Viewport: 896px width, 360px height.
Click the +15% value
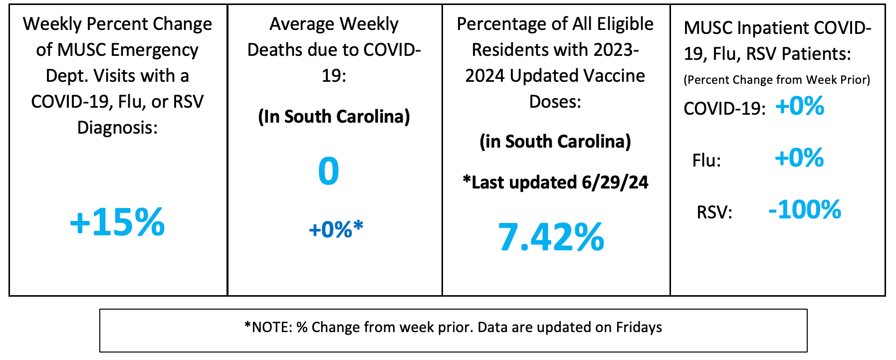(117, 222)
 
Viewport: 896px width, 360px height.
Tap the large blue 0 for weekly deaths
(329, 171)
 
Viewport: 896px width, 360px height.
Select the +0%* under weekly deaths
(336, 229)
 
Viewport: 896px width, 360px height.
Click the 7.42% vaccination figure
(551, 237)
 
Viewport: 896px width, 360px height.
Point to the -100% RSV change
(805, 209)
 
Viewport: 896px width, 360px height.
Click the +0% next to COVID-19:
(800, 106)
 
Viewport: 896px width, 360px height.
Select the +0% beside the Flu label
(799, 158)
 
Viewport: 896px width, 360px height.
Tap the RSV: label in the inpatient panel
(714, 212)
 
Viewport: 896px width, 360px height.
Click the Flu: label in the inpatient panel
(706, 161)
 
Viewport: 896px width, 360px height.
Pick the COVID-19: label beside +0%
(724, 109)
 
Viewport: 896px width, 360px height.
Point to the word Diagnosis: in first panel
(117, 128)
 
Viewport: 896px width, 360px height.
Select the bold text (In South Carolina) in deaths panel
(334, 117)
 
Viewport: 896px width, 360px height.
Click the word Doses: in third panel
(555, 102)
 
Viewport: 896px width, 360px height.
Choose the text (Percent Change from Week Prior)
(777, 80)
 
